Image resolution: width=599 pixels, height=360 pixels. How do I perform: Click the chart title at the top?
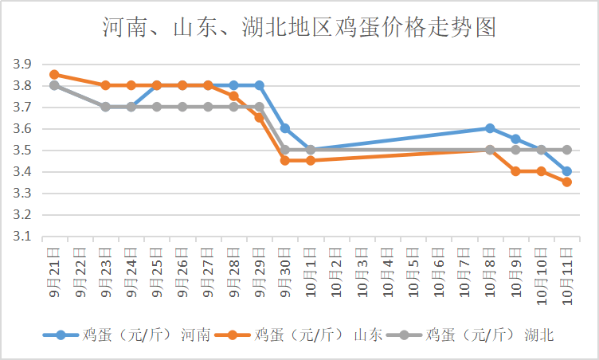coord(299,29)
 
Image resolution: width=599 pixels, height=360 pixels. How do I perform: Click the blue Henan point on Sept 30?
coord(285,128)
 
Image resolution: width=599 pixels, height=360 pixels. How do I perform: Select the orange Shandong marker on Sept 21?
coord(54,74)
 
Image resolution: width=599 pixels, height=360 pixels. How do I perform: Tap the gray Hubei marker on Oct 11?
coord(566,150)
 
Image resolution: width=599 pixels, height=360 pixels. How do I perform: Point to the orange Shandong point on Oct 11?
coord(566,182)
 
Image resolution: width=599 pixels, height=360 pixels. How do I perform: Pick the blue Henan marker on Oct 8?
coord(490,128)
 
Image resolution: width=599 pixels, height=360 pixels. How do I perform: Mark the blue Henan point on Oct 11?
coord(566,171)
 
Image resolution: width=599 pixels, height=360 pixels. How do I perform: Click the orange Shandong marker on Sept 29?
coord(260,117)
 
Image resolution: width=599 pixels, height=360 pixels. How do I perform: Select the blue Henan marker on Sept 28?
coord(233,85)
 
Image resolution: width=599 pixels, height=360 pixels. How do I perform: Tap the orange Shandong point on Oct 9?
coord(515,171)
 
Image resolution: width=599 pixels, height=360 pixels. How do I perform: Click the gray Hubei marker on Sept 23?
coord(105,107)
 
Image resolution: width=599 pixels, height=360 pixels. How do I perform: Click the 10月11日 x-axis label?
coord(566,272)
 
